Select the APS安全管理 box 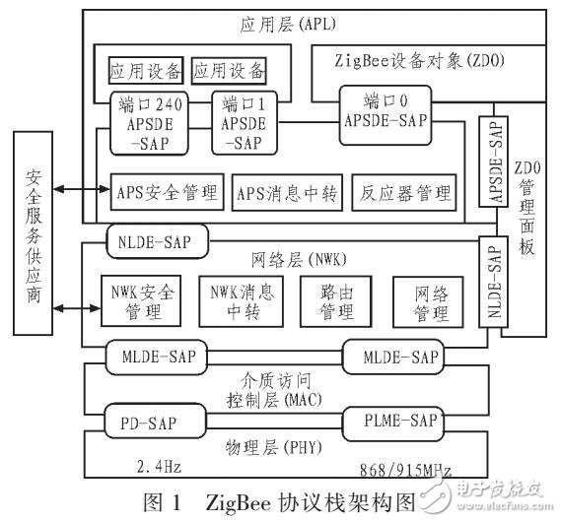tap(164, 191)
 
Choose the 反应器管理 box tap(403, 191)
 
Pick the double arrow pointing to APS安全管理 tap(78, 190)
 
